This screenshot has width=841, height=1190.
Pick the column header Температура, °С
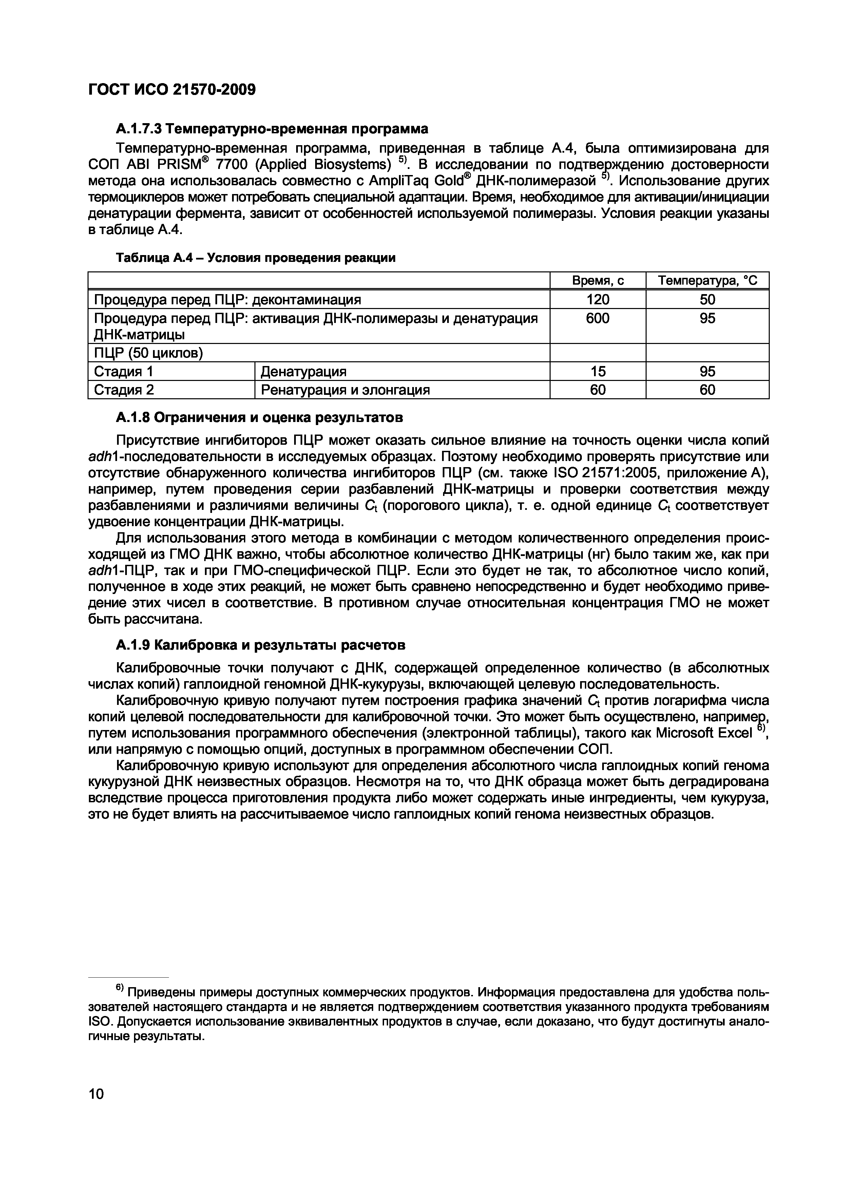click(707, 281)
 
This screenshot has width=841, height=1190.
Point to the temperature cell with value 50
click(707, 300)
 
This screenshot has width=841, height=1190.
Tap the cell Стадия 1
click(123, 371)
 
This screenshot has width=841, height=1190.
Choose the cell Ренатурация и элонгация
click(345, 390)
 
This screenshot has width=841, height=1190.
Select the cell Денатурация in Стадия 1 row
click(303, 371)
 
